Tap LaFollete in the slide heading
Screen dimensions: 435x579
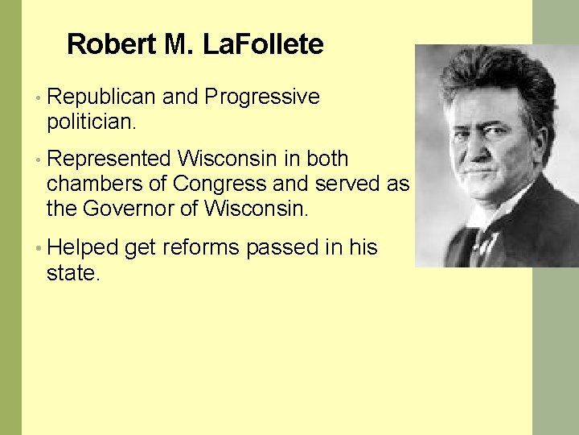(x=263, y=44)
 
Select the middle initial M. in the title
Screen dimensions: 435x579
(x=179, y=44)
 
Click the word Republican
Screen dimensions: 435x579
(x=101, y=97)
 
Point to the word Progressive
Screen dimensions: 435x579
(x=262, y=97)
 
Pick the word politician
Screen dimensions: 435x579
(x=92, y=123)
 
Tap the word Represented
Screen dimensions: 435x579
(x=109, y=159)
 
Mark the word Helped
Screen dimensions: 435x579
(x=83, y=246)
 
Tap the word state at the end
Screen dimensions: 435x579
(x=72, y=273)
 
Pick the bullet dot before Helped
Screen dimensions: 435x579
(x=39, y=248)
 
